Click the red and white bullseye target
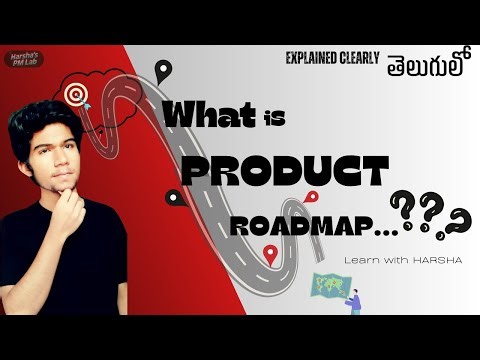click(75, 95)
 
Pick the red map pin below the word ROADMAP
click(269, 256)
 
